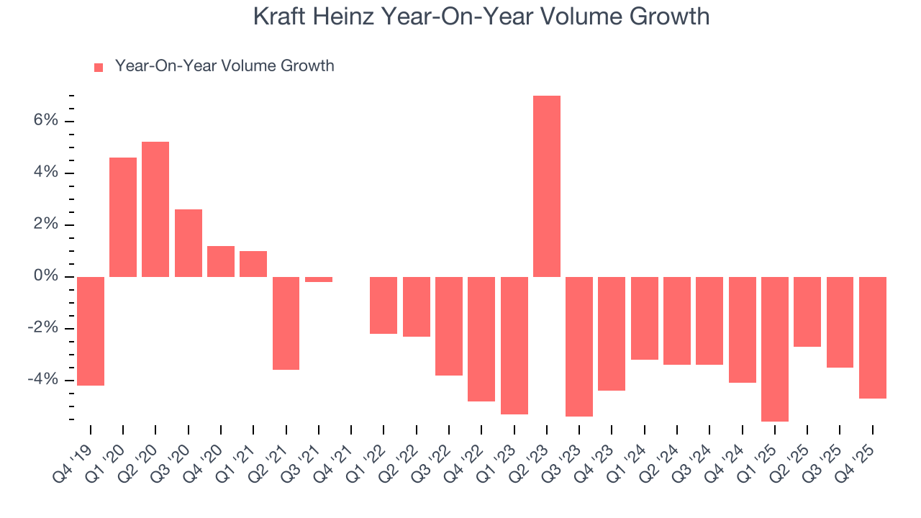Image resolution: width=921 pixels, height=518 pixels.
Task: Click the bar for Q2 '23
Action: click(547, 186)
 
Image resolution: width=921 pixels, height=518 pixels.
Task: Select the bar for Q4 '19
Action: click(91, 331)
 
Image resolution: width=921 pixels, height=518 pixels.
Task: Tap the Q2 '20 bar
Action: click(155, 209)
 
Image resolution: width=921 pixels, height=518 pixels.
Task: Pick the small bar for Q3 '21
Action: click(318, 279)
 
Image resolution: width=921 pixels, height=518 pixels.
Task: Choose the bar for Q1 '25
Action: click(775, 349)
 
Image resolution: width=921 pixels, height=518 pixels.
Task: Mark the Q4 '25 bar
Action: click(873, 337)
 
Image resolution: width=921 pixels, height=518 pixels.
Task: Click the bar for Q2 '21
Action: click(286, 323)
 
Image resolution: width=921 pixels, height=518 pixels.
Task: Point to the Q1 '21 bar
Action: click(253, 264)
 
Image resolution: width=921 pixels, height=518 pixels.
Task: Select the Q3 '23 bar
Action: click(579, 347)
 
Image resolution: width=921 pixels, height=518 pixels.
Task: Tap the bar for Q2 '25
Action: click(807, 312)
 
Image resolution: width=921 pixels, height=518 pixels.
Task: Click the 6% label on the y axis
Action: click(45, 121)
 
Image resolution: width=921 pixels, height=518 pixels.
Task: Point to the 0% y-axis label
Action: click(45, 277)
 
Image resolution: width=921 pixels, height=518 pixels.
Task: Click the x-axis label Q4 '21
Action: click(337, 455)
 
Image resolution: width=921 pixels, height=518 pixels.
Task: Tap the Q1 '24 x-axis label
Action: click(631, 455)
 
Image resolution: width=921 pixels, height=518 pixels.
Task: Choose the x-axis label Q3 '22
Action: click(435, 455)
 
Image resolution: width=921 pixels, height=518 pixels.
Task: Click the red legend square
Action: click(99, 67)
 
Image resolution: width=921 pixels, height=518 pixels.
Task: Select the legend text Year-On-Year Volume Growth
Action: click(224, 66)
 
